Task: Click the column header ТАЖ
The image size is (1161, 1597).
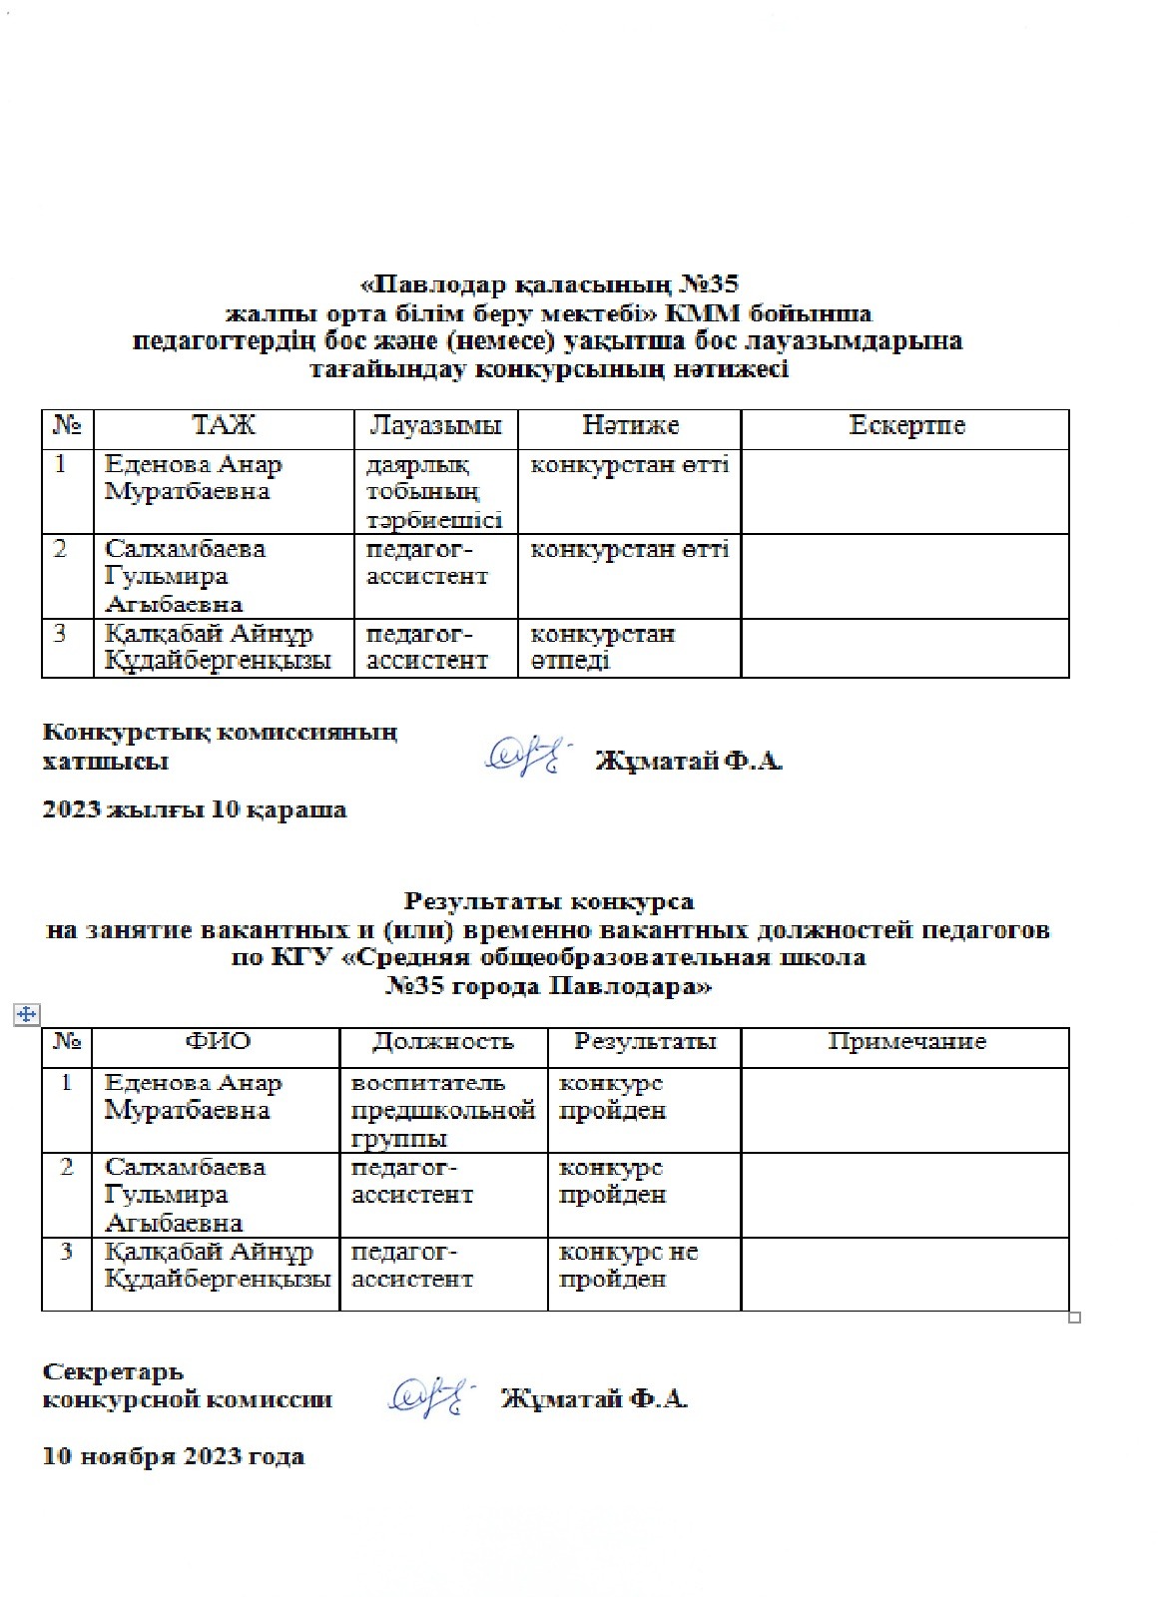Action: pos(224,426)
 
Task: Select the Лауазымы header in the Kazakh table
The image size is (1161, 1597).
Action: pos(435,426)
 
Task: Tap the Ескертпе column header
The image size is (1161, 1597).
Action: pos(906,426)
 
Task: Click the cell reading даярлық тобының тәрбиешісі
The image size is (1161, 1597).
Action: pos(434,492)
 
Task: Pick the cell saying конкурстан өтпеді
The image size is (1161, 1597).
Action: pos(602,647)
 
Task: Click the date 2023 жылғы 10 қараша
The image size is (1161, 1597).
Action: pos(195,809)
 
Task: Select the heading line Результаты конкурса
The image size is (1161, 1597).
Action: pos(549,902)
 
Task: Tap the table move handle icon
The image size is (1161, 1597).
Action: pos(25,1014)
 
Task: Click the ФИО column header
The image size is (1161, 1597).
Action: pos(218,1042)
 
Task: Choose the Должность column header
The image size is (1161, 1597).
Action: pos(442,1042)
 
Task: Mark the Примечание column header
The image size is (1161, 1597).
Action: pos(906,1042)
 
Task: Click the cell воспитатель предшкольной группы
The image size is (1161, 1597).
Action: pos(443,1110)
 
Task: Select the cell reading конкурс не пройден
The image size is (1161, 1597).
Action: pos(628,1265)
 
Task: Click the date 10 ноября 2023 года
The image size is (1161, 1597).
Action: pos(174,1456)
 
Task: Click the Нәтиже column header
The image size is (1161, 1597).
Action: pos(630,426)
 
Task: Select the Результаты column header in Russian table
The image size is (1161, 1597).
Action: pos(645,1042)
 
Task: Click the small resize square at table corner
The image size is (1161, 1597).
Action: pos(1074,1318)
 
